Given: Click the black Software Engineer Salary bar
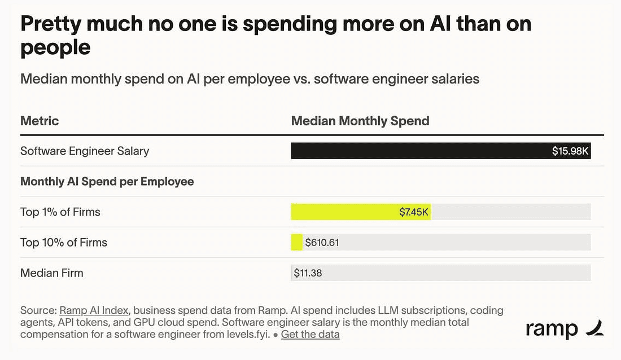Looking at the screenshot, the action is pos(441,151).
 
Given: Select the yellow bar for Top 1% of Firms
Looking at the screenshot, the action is pos(361,212).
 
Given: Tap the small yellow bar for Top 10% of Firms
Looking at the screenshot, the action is pos(296,243).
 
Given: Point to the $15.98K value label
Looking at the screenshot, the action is pos(570,151).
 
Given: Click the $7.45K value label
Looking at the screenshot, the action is pos(413,212).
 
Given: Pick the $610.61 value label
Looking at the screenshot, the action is pos(322,243).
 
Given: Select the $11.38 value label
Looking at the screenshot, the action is pos(308,273).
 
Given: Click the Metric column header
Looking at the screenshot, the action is pos(40,121).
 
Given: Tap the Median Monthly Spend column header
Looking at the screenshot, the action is pos(360,121).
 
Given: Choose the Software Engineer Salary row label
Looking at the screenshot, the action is pos(85,151).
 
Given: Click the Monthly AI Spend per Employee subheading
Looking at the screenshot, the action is pos(107,181).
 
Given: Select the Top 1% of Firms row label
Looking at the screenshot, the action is pos(60,212).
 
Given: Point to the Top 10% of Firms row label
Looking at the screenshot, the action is pos(64,243).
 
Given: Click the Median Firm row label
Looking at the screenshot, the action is pos(52,273).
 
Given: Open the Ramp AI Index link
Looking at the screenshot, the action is pos(94,310).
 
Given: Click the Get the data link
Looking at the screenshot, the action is pos(310,334).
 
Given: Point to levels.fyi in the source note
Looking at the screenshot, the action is pos(248,334).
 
